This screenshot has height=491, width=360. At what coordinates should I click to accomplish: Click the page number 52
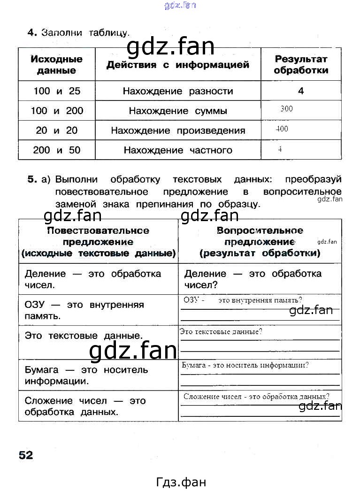(26, 455)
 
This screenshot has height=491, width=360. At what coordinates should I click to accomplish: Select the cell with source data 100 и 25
(57, 91)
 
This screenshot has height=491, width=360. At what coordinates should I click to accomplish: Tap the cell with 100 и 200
(57, 111)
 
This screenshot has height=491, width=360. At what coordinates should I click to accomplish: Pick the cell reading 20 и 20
(57, 130)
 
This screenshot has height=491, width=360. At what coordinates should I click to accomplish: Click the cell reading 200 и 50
(57, 150)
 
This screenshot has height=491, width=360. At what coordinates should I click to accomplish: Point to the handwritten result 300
(286, 109)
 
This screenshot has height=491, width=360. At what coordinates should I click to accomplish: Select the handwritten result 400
(282, 129)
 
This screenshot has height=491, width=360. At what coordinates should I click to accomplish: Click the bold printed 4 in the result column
(301, 91)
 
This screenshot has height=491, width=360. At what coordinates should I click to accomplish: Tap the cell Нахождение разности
(177, 91)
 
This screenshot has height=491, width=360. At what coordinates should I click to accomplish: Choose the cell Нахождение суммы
(177, 111)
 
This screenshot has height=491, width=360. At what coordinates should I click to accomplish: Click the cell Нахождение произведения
(177, 130)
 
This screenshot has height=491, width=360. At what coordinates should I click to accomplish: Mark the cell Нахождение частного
(177, 150)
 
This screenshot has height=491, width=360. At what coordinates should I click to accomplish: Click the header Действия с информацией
(177, 65)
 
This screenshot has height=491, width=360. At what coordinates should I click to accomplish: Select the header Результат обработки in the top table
(301, 65)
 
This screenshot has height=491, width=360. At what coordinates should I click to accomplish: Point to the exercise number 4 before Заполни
(32, 32)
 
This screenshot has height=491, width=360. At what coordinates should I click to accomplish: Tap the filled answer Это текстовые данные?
(221, 332)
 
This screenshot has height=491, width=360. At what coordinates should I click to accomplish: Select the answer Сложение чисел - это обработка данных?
(256, 396)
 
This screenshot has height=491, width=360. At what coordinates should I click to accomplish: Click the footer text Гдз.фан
(180, 482)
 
